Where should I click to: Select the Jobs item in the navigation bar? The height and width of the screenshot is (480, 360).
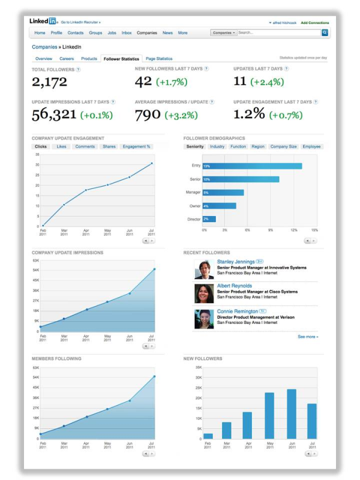(x=111, y=33)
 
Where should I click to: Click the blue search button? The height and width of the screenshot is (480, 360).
(x=325, y=33)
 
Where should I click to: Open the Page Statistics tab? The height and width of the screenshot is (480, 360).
(x=159, y=59)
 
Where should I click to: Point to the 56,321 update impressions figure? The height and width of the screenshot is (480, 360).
(x=55, y=114)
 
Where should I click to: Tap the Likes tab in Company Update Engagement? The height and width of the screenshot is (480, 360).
(x=62, y=146)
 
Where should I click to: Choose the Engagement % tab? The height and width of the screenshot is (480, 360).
(x=137, y=146)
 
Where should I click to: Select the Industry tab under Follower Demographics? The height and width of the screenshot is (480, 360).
(x=217, y=146)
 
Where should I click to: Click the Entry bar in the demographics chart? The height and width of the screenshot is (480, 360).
(x=252, y=166)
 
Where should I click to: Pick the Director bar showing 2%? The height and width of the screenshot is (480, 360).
(x=209, y=219)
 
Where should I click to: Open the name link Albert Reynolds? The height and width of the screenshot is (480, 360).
(x=235, y=286)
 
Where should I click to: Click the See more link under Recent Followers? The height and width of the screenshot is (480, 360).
(x=308, y=337)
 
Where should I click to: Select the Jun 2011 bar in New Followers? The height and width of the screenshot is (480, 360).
(x=292, y=414)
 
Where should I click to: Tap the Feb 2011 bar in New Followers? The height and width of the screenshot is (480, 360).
(x=208, y=436)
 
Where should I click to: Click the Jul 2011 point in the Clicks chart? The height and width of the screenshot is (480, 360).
(x=152, y=163)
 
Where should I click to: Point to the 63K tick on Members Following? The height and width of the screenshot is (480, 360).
(x=35, y=367)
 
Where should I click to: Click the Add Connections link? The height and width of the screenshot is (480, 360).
(x=314, y=22)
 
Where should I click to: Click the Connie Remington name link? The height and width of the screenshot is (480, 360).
(x=238, y=311)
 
